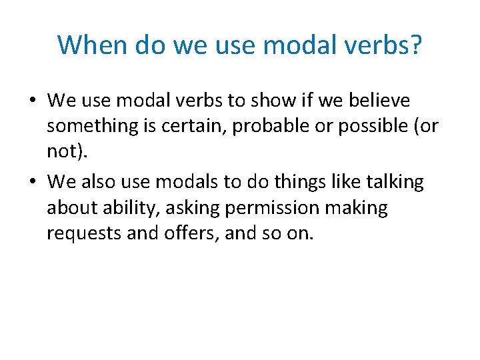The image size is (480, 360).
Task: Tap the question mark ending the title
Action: pyautogui.click(x=415, y=45)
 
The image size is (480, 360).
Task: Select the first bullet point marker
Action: pyautogui.click(x=32, y=101)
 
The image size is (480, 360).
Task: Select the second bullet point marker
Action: pyautogui.click(x=32, y=182)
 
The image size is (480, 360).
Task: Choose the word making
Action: pyautogui.click(x=356, y=208)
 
